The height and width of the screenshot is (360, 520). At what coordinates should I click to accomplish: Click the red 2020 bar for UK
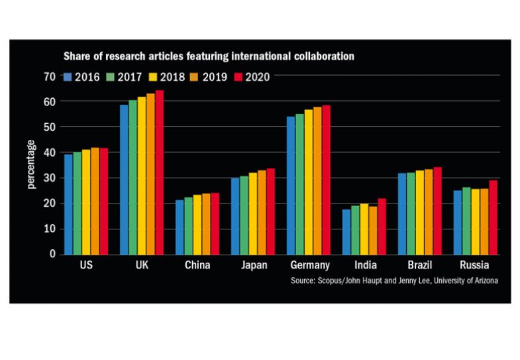point(159,172)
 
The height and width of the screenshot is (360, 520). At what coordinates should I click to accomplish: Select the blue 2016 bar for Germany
point(289,186)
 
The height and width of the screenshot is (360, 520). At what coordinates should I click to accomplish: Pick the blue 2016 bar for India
point(346,232)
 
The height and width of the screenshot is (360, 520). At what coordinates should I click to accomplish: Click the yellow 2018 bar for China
point(197,225)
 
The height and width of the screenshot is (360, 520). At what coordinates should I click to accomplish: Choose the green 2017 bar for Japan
point(244,215)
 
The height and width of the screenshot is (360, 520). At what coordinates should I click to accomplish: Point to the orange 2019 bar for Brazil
point(429,211)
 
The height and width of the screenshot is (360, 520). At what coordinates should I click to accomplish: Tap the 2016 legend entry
point(81,77)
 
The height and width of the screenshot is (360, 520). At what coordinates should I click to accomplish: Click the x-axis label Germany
point(309,266)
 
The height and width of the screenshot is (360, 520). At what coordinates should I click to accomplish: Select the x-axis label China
point(197,266)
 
